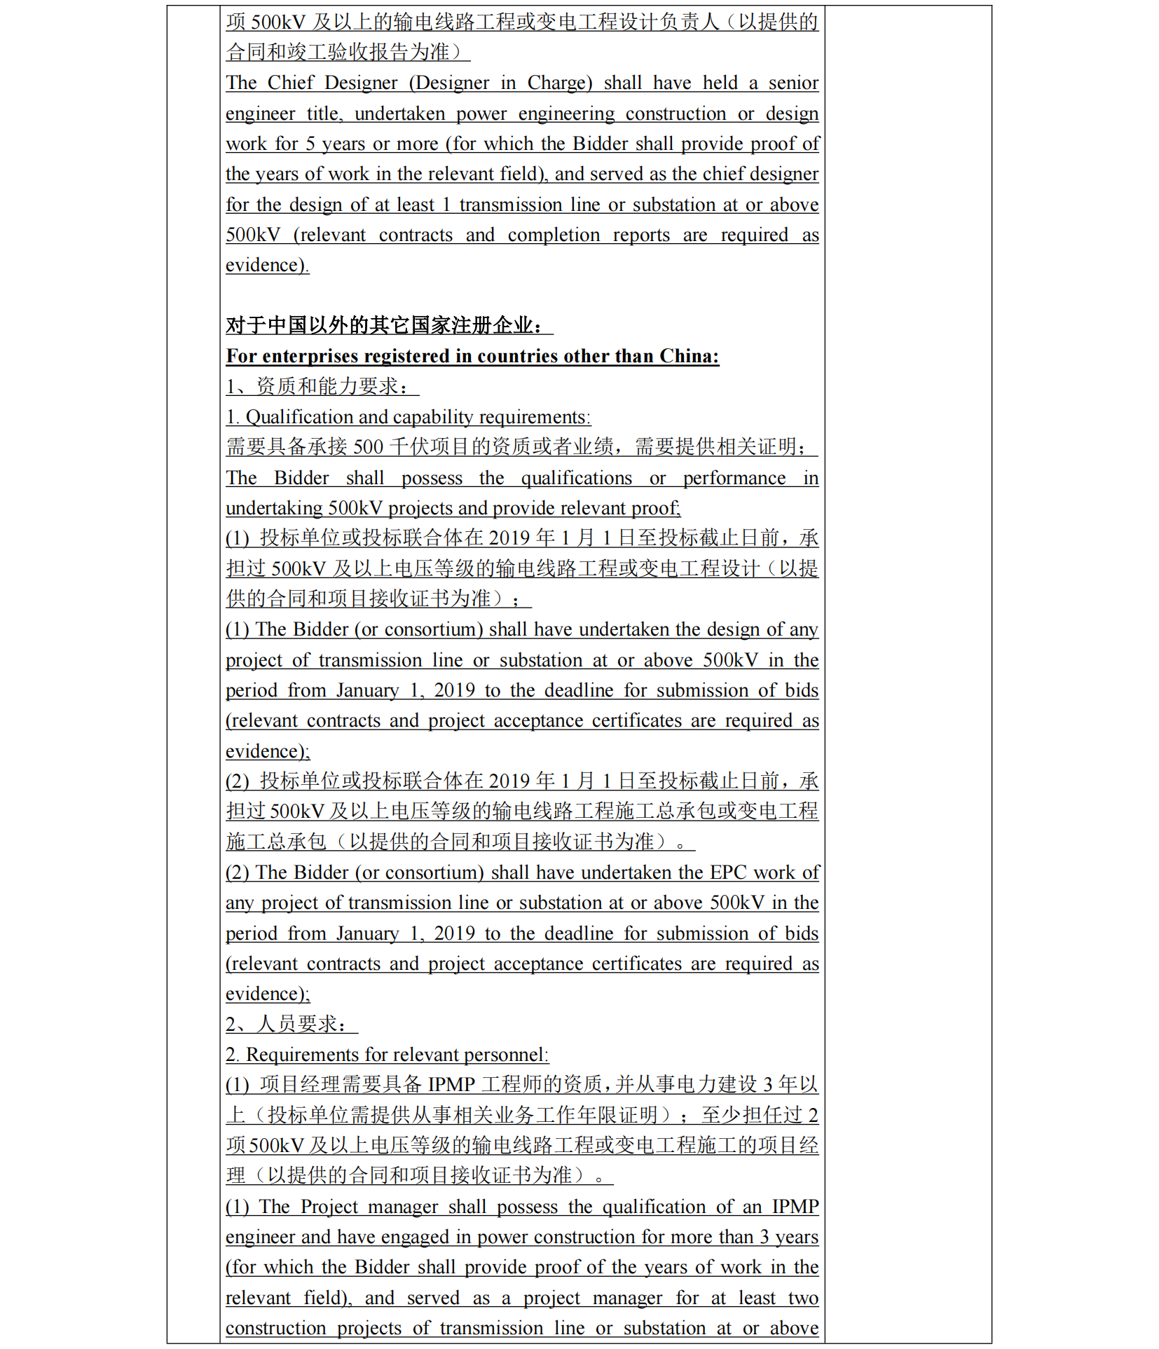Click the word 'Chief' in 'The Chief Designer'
coord(290,83)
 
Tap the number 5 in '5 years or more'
coord(310,144)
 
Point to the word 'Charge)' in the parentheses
coord(560,83)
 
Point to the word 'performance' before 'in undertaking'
coord(734,478)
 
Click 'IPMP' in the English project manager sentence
coord(795,1207)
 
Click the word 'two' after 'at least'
coord(803,1298)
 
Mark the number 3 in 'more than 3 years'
coord(765,1237)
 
